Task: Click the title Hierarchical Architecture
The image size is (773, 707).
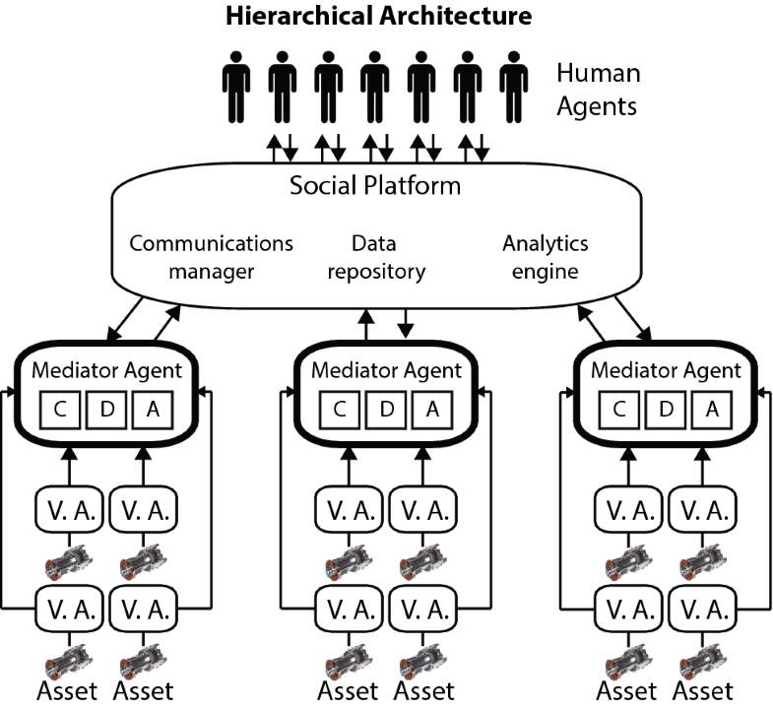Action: (x=378, y=16)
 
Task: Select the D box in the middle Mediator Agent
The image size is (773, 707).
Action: (x=385, y=409)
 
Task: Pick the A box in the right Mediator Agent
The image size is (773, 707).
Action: (x=710, y=409)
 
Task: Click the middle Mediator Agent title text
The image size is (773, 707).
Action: (x=385, y=371)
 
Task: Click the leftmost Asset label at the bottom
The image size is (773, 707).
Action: (x=68, y=690)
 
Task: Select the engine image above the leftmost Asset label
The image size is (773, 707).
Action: (x=66, y=654)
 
